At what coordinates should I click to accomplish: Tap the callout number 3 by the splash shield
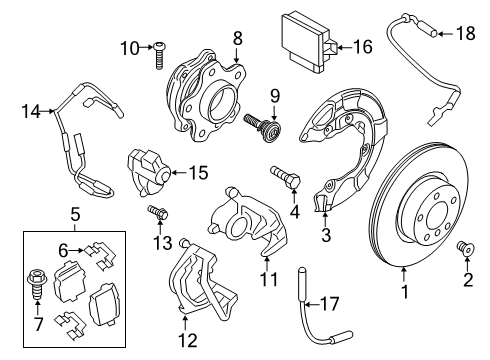(x=325, y=235)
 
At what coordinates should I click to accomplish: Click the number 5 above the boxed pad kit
(x=74, y=212)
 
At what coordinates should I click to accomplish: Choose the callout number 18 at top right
(x=464, y=34)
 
